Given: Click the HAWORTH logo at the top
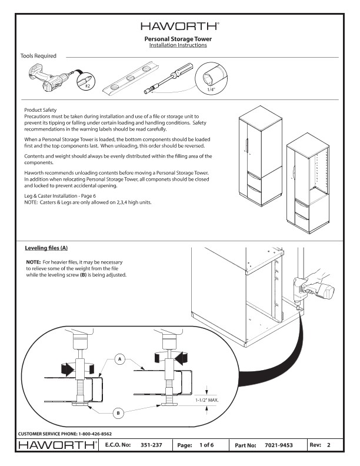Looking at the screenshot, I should tap(180, 26).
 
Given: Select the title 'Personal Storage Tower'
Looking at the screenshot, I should tap(178, 39).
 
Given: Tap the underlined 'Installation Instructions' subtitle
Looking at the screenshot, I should tap(178, 45).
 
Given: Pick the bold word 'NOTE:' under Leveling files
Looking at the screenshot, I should tap(33, 261).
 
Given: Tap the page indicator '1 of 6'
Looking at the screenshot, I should tap(206, 445).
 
